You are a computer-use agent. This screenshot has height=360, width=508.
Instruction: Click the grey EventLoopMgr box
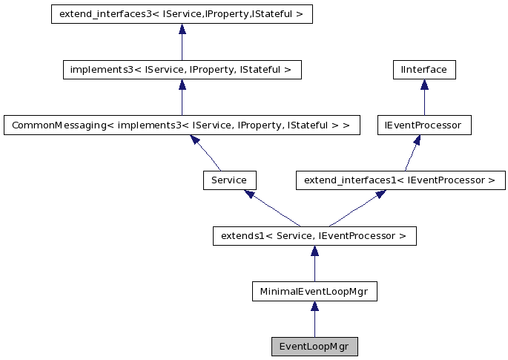point(314,347)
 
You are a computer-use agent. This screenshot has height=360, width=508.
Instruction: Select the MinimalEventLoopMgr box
point(314,292)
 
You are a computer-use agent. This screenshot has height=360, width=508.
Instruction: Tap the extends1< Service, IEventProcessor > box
point(314,236)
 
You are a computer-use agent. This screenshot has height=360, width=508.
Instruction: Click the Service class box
point(229,180)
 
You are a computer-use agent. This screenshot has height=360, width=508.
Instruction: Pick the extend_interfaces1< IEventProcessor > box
point(400,180)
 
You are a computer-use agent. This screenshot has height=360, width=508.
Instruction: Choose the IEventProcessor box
point(423,125)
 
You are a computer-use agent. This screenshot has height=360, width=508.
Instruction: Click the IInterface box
point(423,70)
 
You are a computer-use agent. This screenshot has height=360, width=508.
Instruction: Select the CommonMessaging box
point(182,125)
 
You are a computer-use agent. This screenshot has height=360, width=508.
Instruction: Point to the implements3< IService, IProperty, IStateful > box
point(182,70)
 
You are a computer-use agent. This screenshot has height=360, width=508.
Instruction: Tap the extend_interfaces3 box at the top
point(182,14)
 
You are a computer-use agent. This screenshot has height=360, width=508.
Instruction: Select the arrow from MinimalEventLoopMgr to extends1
point(314,265)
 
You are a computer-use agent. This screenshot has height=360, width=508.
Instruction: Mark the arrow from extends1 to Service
point(272,209)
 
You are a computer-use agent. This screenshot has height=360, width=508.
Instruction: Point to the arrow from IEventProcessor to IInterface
point(423,98)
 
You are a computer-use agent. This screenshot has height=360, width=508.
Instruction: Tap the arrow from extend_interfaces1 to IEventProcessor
point(412,153)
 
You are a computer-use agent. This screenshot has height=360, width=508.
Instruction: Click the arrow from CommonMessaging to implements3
point(182,98)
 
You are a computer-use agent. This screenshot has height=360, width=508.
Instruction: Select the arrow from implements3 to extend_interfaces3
point(182,42)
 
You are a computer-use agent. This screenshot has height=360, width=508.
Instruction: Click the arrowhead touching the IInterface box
point(423,85)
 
